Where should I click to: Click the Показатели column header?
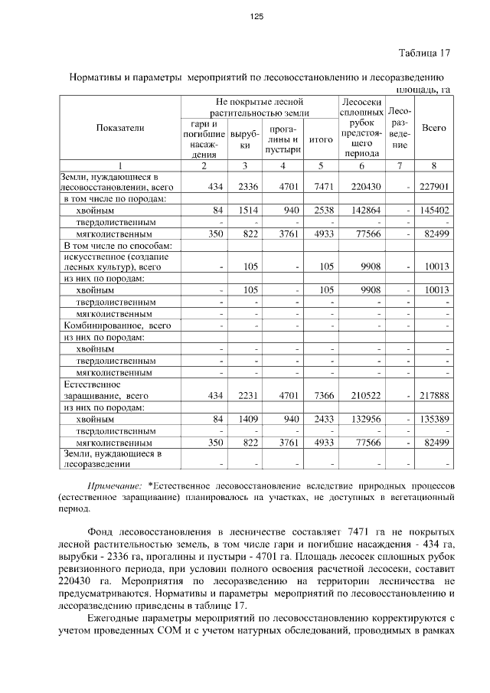[x=119, y=128]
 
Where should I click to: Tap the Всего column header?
[x=434, y=128]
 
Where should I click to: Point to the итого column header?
[x=320, y=140]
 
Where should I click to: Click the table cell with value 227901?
[x=434, y=187]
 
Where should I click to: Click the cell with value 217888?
[x=434, y=396]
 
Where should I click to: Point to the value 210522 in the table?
[x=362, y=396]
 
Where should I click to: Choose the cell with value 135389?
[x=434, y=419]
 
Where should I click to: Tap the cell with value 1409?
[x=246, y=419]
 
